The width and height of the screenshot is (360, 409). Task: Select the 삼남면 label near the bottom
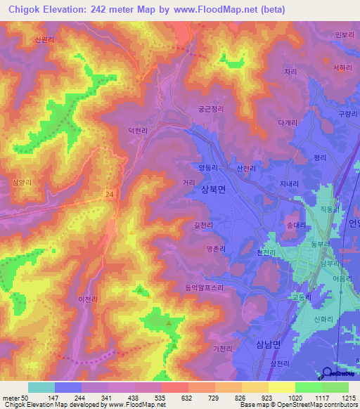266,343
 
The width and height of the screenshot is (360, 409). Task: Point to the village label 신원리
44,40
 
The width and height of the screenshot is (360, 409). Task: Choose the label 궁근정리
210,110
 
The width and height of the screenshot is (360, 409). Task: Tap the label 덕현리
137,131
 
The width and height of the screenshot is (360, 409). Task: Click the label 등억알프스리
205,287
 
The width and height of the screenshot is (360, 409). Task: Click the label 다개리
289,122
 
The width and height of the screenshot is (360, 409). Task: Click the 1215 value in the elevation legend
349,398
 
